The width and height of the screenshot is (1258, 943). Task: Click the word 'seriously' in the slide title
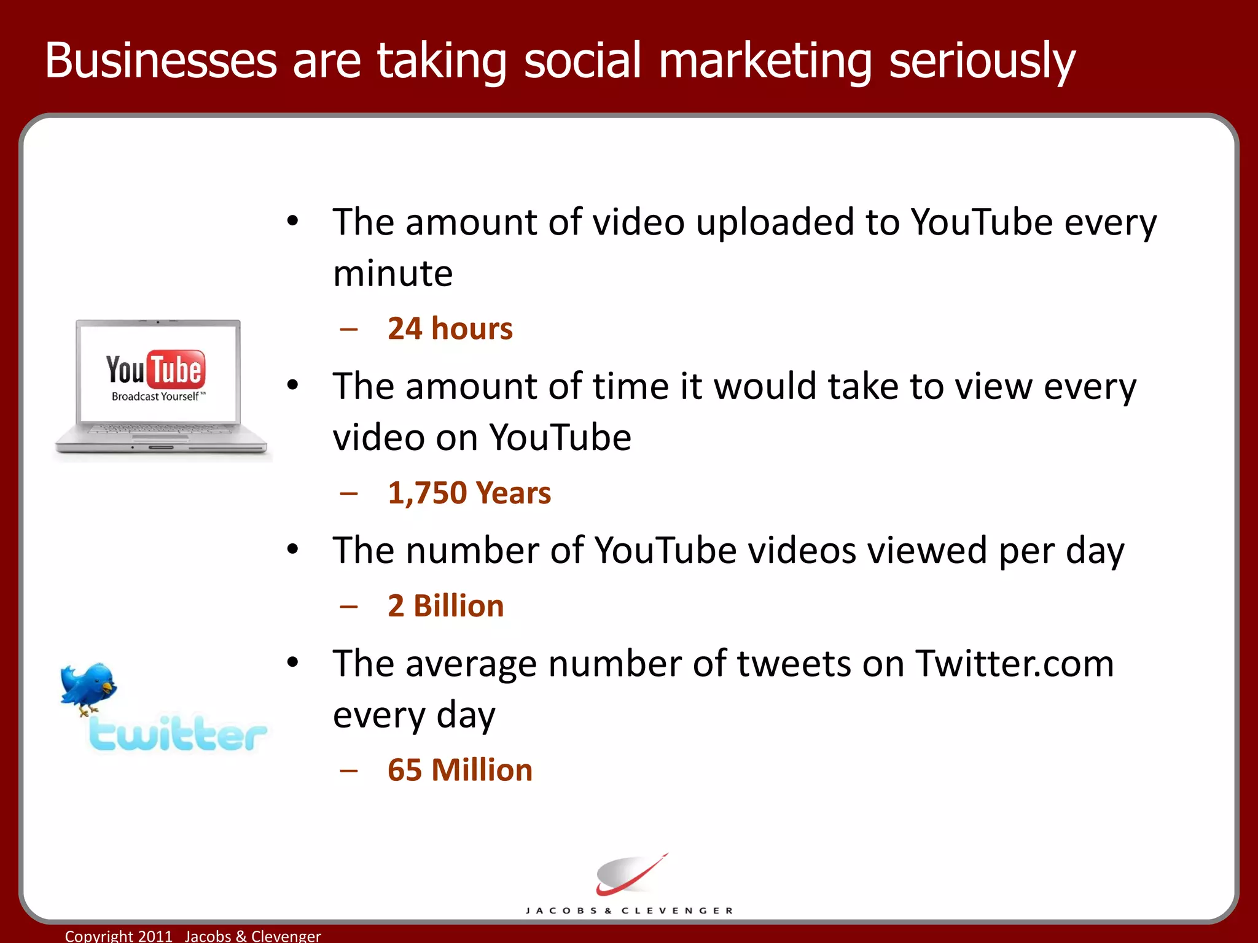coord(982,61)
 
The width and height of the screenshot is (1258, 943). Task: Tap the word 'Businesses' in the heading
coord(161,61)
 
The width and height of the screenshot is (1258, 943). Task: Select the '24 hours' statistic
coord(450,328)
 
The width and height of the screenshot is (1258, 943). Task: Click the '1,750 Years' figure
coord(469,493)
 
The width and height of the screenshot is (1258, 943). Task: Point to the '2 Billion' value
coord(445,606)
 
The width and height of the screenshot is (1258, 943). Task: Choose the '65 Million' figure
coord(459,770)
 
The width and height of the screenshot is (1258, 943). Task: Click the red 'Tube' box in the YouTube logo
coord(176,370)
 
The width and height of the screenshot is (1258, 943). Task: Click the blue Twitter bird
coord(88,687)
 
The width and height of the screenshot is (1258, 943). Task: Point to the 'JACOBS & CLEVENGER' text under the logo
coord(629,910)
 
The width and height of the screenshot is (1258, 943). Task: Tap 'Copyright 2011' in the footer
coord(119,936)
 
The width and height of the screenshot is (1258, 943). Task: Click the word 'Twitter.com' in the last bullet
coord(1014,664)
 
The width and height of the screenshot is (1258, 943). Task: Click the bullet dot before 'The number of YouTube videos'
coord(293,549)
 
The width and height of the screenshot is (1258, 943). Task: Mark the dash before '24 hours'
coord(349,330)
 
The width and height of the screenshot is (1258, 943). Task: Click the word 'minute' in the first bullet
coord(393,273)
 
